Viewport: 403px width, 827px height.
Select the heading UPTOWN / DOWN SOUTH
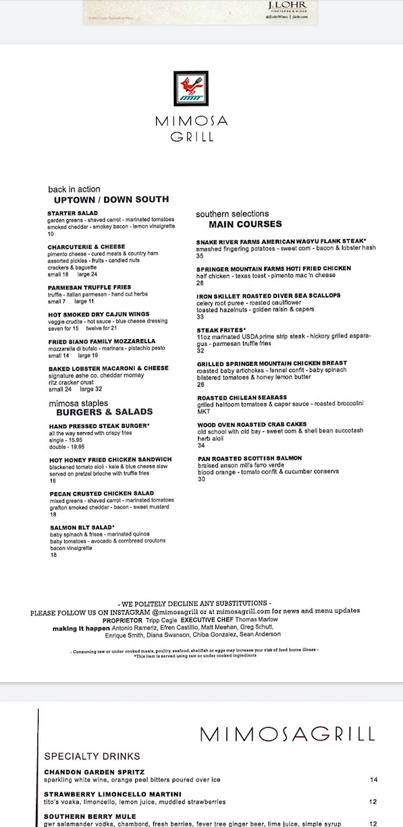pyautogui.click(x=111, y=199)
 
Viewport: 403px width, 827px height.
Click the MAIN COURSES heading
pyautogui.click(x=245, y=224)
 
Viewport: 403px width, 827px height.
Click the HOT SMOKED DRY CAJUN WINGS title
pyautogui.click(x=97, y=314)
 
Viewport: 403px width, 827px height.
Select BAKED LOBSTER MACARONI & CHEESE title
pyautogui.click(x=108, y=368)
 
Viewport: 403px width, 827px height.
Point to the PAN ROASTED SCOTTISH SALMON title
pyautogui.click(x=249, y=458)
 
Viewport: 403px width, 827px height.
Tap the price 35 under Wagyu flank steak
pyautogui.click(x=199, y=256)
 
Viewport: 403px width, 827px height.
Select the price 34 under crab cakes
pyautogui.click(x=201, y=445)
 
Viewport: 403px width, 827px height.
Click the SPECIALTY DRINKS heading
pyautogui.click(x=92, y=756)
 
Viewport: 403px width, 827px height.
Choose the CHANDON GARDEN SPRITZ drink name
pyautogui.click(x=95, y=771)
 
